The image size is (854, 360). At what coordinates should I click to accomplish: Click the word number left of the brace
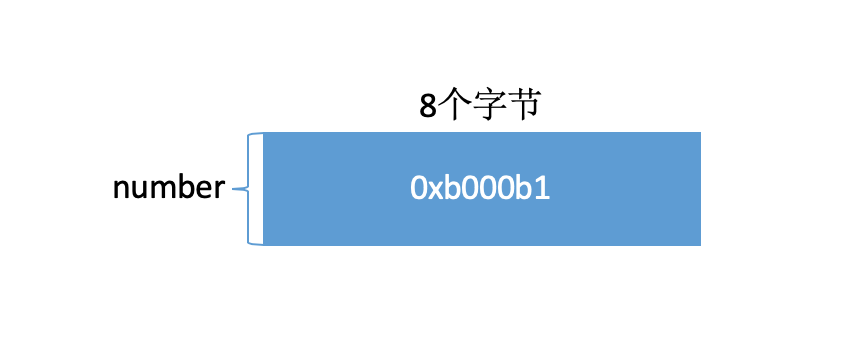(x=168, y=188)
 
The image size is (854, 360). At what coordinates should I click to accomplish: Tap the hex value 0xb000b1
(x=480, y=188)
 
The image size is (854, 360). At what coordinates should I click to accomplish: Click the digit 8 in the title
(x=428, y=106)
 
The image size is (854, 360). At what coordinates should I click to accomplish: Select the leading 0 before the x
(x=419, y=188)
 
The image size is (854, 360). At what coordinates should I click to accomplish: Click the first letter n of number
(x=121, y=189)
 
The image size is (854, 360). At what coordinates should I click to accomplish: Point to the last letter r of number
(x=219, y=189)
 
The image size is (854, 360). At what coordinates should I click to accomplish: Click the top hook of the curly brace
(x=258, y=134)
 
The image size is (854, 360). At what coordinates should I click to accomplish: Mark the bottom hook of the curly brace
(x=258, y=243)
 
